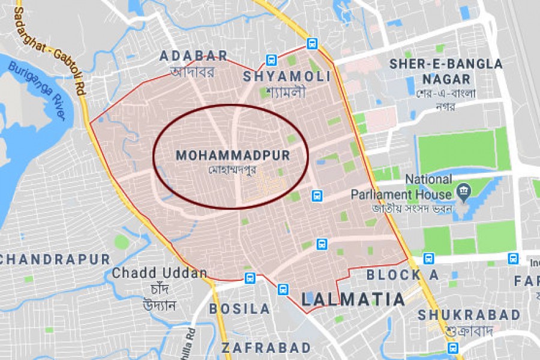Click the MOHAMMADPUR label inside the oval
point(233,155)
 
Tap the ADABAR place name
point(193,56)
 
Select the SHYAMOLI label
point(286,77)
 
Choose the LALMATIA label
point(353,299)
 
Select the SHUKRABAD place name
point(469,315)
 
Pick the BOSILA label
point(239,309)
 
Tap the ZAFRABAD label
point(266,348)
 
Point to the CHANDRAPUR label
point(55,260)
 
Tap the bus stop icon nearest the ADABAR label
point(271,60)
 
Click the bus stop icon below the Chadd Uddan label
point(250,278)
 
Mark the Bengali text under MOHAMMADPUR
point(232,170)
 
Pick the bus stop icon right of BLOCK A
point(428,259)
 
